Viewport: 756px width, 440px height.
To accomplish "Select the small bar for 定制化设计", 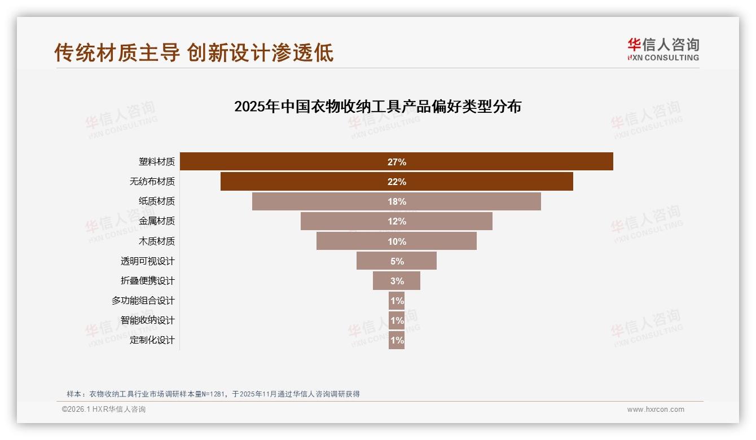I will pos(397,340).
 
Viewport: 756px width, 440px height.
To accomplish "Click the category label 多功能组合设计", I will pos(143,301).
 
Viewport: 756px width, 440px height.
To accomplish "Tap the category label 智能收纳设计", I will pos(148,320).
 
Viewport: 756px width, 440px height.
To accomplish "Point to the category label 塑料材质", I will pos(157,162).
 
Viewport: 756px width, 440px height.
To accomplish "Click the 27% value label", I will pos(397,162).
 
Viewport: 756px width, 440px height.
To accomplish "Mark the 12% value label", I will pos(397,221).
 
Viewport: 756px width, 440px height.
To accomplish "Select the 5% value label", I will pos(397,261).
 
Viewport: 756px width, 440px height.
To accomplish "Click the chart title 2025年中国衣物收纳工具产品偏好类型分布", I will pos(377,107).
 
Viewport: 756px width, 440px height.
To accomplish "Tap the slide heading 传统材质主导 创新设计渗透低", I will pos(194,52).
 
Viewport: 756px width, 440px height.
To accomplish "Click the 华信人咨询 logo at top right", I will pos(663,49).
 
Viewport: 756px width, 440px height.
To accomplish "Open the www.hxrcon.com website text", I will pos(656,410).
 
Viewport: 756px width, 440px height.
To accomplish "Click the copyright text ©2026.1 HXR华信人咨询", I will pos(104,410).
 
